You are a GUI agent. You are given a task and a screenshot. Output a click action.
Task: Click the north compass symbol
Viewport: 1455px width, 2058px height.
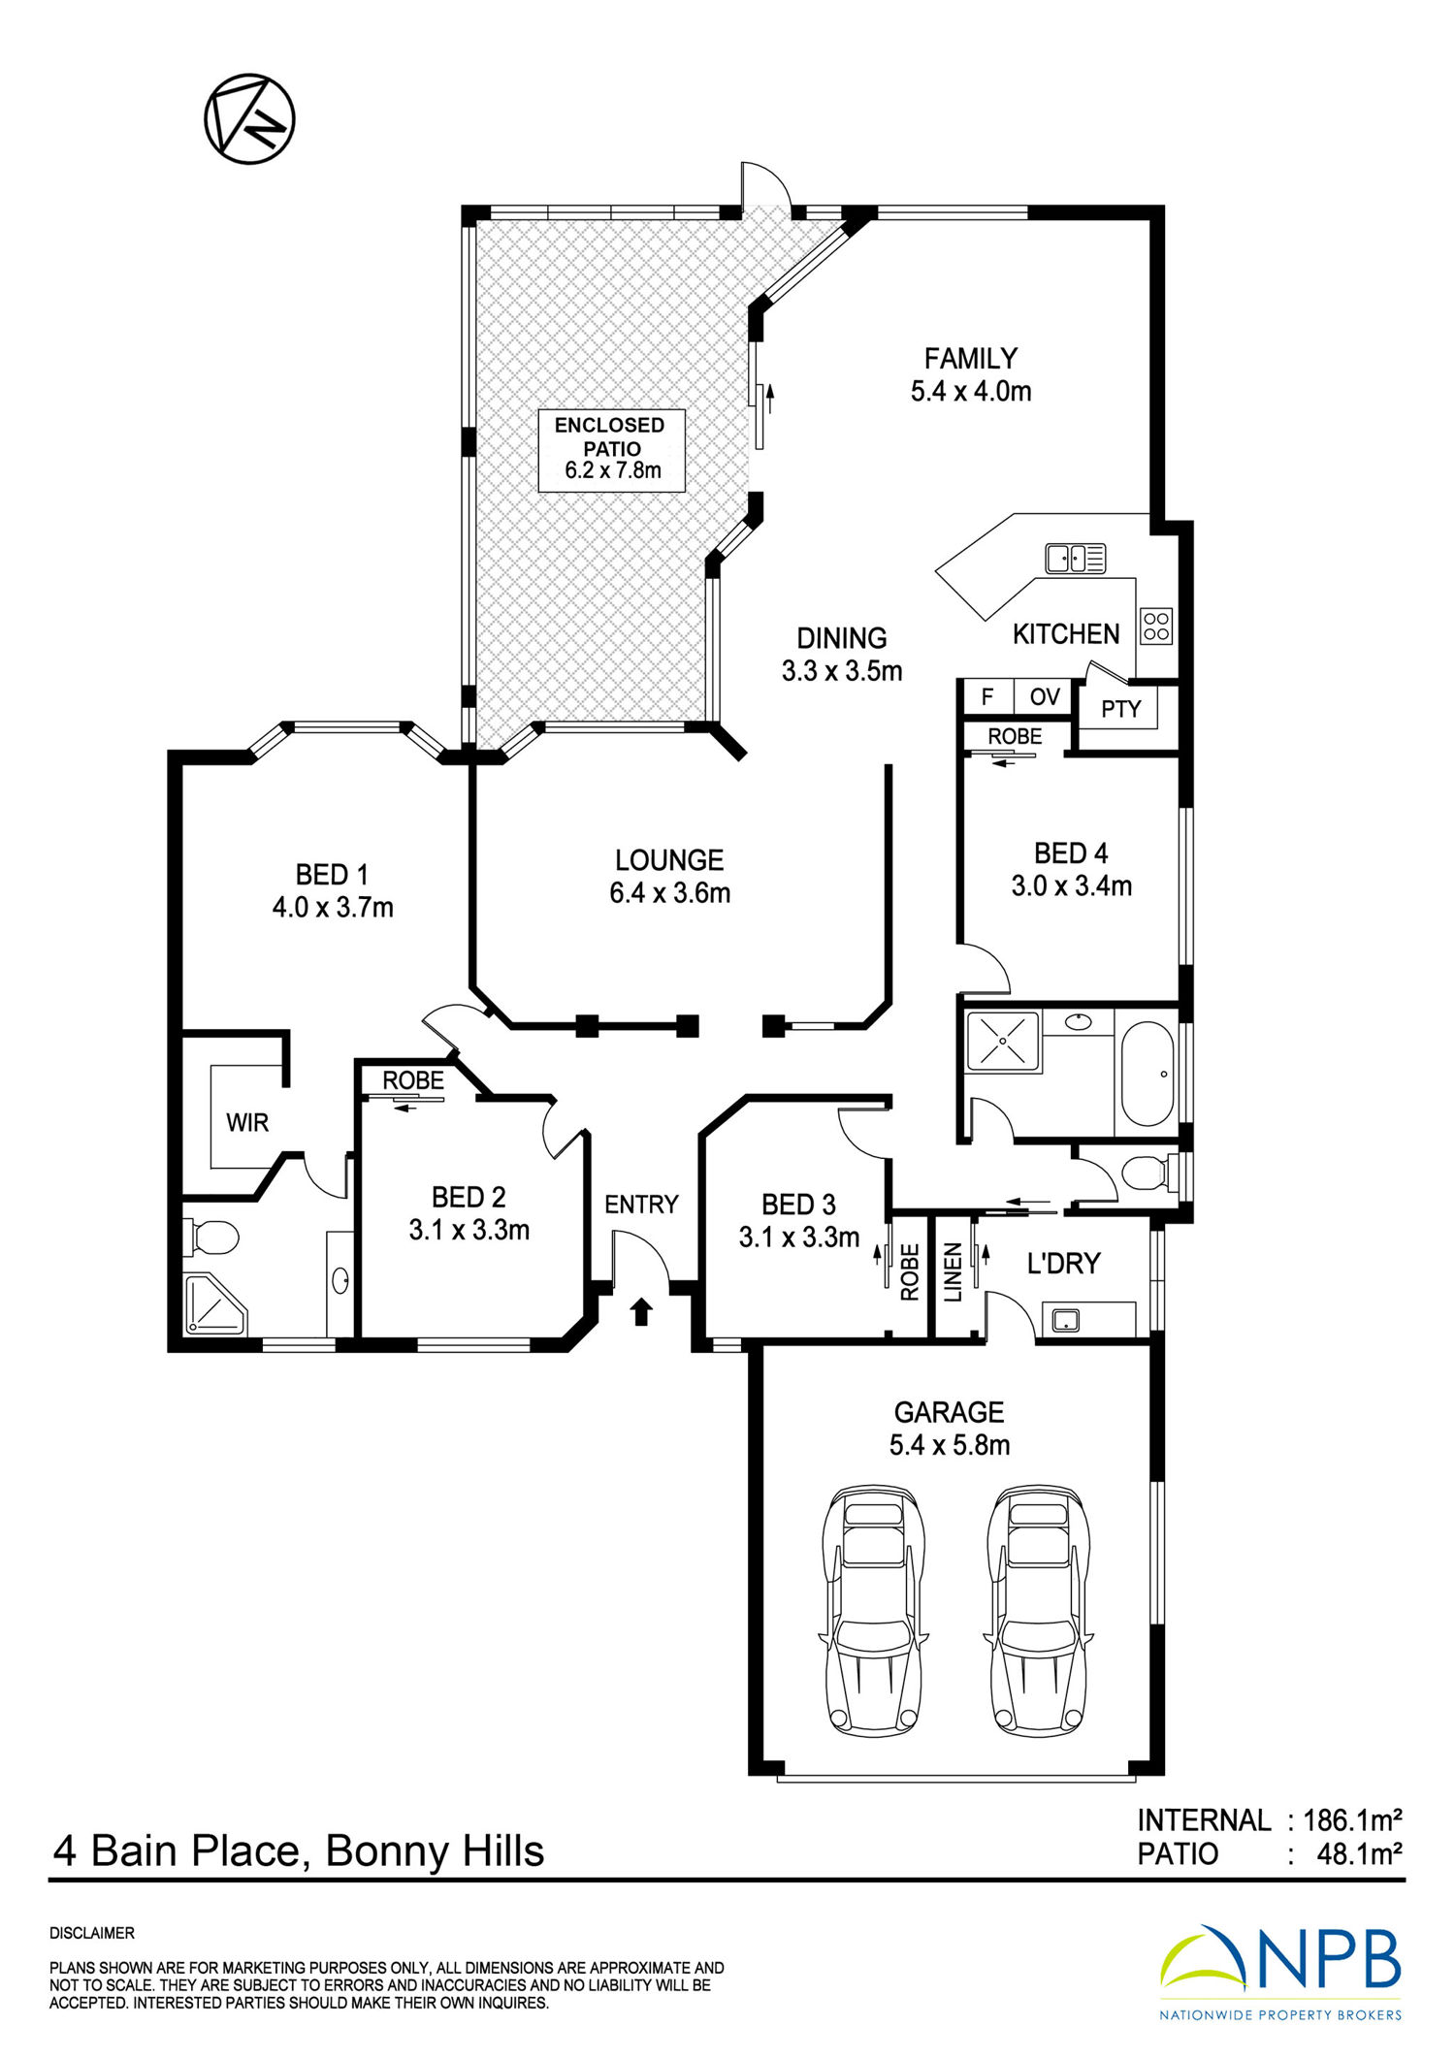point(249,118)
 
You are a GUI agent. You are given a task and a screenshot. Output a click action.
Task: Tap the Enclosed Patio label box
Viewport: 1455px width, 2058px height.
point(611,450)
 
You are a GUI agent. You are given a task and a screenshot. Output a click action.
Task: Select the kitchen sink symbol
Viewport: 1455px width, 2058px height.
point(1075,558)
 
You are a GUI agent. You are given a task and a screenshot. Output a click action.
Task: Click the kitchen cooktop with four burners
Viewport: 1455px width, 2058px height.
point(1156,626)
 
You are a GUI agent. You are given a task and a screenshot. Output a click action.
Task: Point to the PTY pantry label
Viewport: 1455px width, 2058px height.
point(1120,709)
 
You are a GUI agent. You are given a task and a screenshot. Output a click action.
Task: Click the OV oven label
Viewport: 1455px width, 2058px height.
point(1045,696)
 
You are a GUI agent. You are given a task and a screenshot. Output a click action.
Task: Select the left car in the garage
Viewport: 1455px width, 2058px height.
point(872,1611)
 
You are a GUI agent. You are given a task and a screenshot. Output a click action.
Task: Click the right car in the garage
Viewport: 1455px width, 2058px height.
point(1038,1611)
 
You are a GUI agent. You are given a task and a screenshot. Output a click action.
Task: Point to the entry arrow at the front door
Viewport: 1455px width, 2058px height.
point(641,1312)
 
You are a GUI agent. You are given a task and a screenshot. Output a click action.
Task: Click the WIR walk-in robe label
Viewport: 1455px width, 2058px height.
point(247,1123)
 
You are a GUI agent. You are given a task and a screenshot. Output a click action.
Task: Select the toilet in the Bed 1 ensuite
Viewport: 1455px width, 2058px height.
point(210,1237)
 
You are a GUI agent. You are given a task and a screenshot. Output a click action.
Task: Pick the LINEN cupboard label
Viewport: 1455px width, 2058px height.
point(953,1271)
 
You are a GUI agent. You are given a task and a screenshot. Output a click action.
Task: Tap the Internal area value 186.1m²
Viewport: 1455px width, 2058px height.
point(1352,1819)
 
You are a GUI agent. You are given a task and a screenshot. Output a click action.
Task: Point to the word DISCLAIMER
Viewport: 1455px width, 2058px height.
point(92,1933)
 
